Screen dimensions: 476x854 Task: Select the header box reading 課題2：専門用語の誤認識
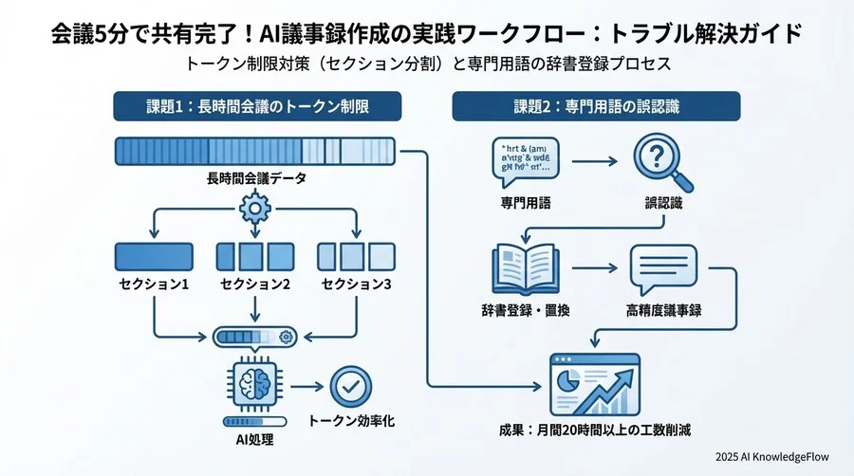(596, 107)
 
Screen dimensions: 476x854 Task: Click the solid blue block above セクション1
(153, 256)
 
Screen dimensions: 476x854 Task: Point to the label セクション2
(254, 284)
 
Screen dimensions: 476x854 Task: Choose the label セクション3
(356, 284)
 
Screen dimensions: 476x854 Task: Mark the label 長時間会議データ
(255, 178)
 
